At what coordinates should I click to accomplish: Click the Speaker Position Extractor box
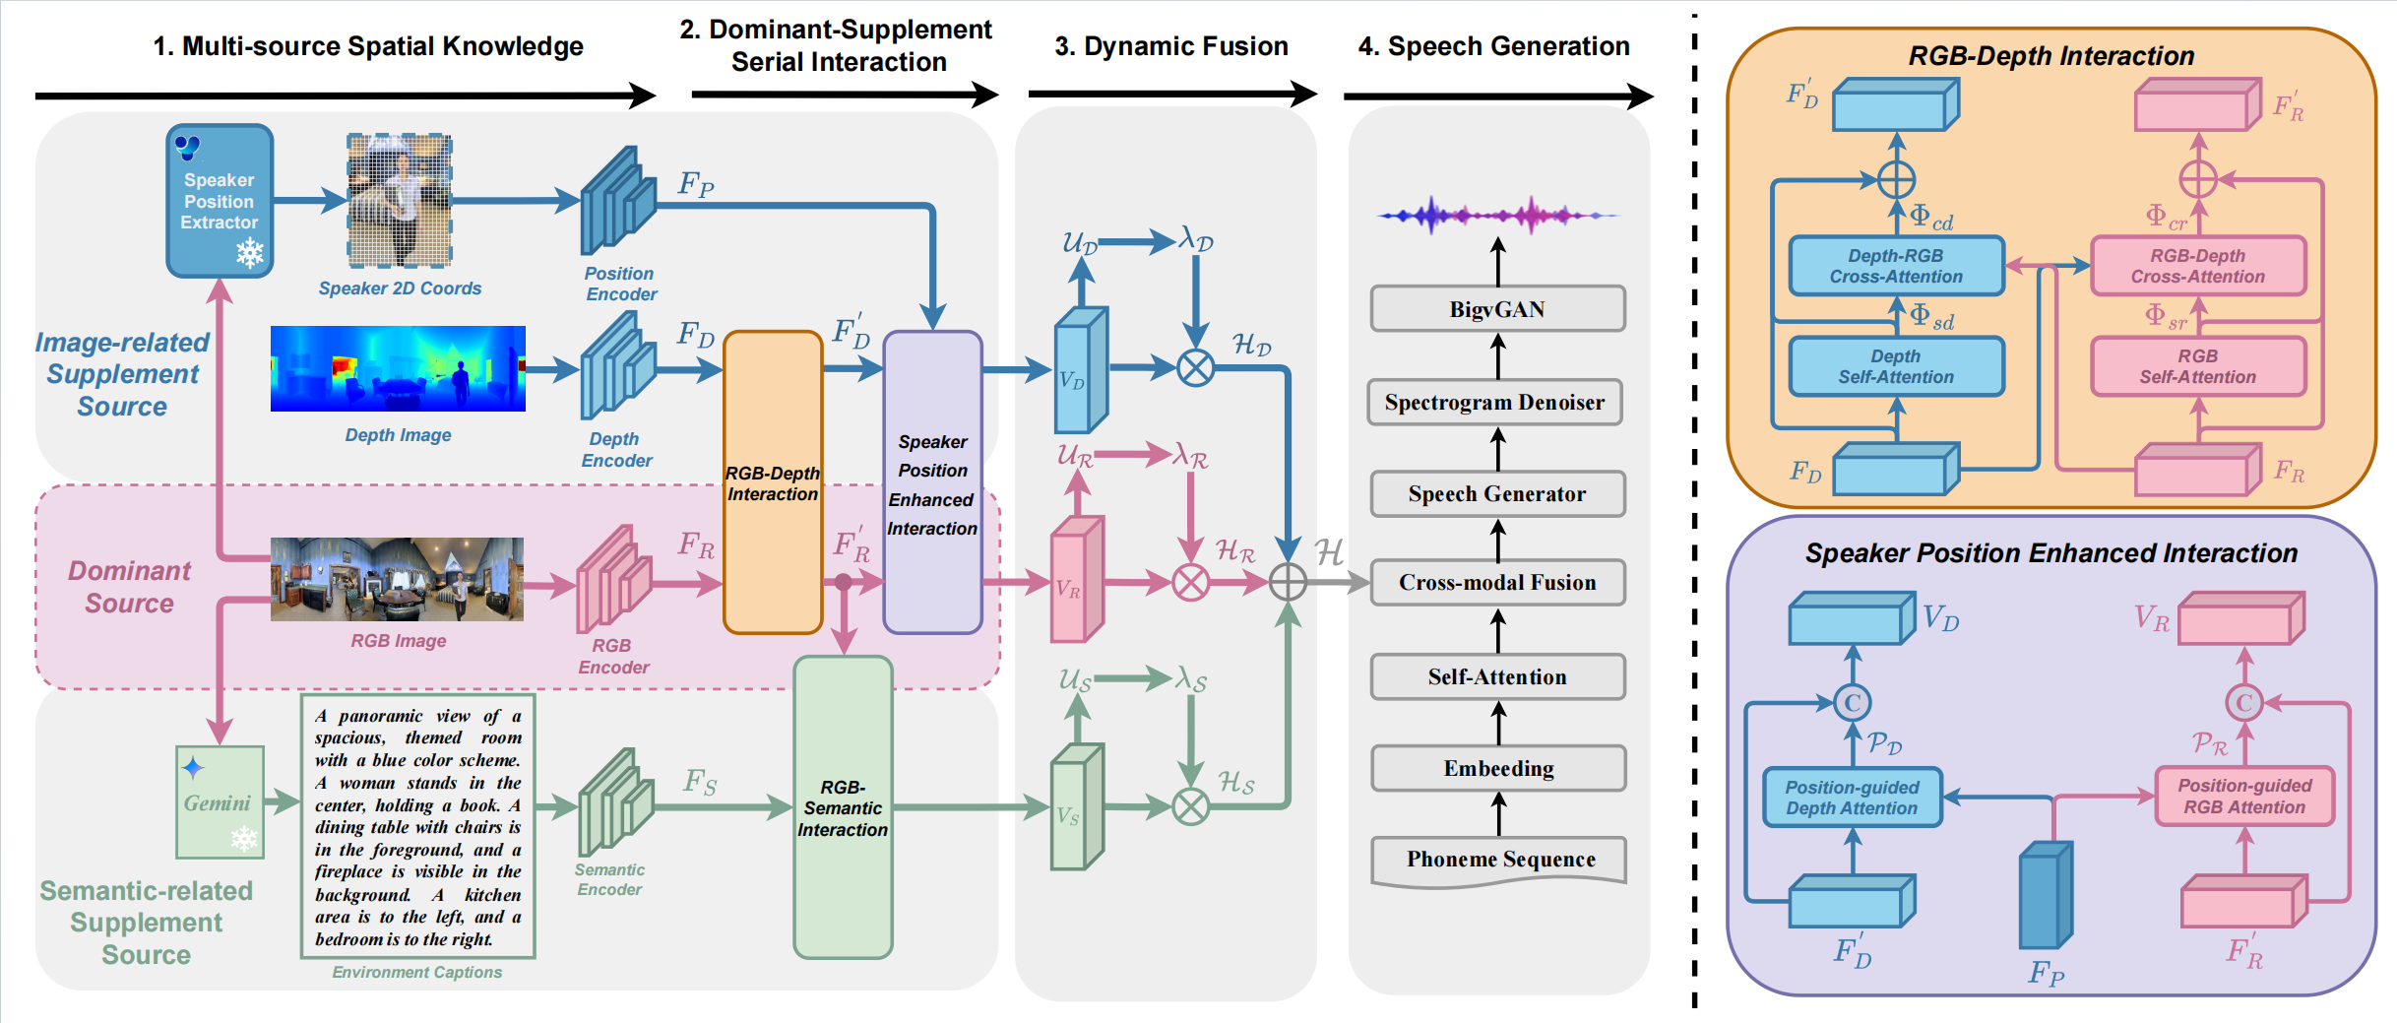[220, 201]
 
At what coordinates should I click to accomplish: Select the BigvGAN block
[1497, 309]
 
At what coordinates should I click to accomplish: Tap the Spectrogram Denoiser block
[1495, 402]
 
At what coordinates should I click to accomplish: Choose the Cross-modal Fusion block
[1497, 582]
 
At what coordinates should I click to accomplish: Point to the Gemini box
[220, 802]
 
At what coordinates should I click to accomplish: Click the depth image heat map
[398, 368]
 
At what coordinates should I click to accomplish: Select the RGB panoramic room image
[397, 579]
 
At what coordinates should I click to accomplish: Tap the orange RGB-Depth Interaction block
[773, 482]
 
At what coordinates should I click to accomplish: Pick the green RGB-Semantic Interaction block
[843, 807]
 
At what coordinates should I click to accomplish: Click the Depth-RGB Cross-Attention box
[1896, 266]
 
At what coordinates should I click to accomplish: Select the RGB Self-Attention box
[2198, 366]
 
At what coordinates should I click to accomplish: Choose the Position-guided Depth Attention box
[1852, 798]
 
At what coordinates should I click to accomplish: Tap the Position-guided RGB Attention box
[2244, 796]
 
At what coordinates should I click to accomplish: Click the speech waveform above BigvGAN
[1497, 215]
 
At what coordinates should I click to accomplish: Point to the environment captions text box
[418, 826]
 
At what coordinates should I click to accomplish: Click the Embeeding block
[1498, 768]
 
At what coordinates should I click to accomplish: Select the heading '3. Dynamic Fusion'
[1171, 46]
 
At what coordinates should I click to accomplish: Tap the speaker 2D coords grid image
[399, 201]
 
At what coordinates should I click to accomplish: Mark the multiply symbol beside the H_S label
[1191, 807]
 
